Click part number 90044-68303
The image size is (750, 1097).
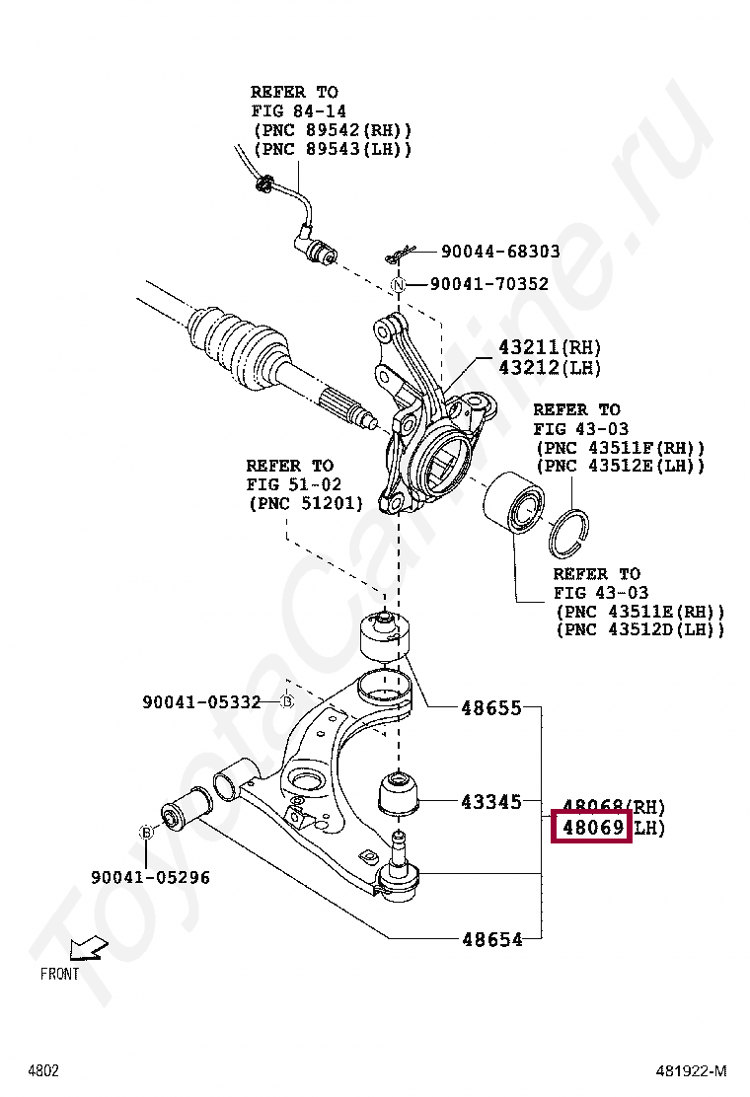coord(500,252)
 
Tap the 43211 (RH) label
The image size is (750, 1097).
coord(549,347)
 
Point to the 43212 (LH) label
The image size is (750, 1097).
coord(549,367)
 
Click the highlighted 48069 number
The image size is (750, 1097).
coord(591,827)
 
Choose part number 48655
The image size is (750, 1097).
coord(491,707)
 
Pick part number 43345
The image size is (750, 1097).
coord(491,801)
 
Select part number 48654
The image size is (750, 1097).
coord(491,939)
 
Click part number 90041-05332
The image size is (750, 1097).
coord(201,702)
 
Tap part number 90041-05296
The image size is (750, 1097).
coord(150,876)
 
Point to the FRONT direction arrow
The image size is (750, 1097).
coord(88,950)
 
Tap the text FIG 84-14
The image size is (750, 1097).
coord(298,111)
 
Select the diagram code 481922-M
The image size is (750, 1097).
coord(692,1070)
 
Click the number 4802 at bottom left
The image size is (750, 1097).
coord(43,1070)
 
